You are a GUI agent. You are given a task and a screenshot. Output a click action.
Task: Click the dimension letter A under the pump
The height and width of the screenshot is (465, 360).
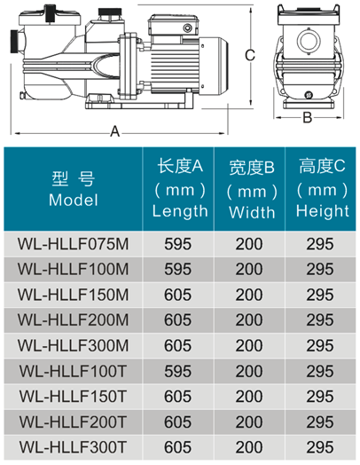pyautogui.click(x=114, y=131)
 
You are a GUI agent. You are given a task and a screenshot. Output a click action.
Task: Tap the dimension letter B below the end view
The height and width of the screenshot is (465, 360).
pyautogui.click(x=308, y=118)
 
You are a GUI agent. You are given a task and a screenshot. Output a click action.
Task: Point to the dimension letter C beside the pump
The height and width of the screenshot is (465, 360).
pyautogui.click(x=250, y=55)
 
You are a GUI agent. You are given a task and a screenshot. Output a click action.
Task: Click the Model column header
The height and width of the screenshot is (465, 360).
pyautogui.click(x=74, y=189)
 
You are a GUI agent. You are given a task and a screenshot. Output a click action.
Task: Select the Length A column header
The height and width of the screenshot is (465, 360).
pyautogui.click(x=179, y=188)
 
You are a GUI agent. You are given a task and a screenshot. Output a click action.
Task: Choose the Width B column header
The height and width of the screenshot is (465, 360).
pyautogui.click(x=252, y=190)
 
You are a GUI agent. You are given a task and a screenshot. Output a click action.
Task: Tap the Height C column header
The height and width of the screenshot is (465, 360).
pyautogui.click(x=322, y=188)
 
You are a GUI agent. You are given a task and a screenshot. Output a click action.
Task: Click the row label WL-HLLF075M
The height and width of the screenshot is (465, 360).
pyautogui.click(x=73, y=244)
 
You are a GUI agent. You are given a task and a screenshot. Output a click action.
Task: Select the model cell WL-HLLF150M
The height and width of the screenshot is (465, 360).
pyautogui.click(x=73, y=295)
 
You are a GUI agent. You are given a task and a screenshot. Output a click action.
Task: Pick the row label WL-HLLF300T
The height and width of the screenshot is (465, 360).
pyautogui.click(x=73, y=447)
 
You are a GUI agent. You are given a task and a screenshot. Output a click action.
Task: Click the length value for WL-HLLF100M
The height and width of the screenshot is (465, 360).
pyautogui.click(x=177, y=269)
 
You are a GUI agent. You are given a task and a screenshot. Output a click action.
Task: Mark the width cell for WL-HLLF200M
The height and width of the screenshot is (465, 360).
pyautogui.click(x=249, y=320)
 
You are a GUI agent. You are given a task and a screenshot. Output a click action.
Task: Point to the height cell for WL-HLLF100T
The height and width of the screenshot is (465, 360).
pyautogui.click(x=320, y=371)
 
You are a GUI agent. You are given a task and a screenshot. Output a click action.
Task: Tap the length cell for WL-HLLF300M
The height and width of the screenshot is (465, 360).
pyautogui.click(x=177, y=346)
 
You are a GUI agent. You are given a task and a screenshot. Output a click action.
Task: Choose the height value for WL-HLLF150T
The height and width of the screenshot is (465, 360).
pyautogui.click(x=320, y=397)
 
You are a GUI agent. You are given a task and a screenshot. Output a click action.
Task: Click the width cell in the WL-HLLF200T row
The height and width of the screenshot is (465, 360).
pyautogui.click(x=249, y=422)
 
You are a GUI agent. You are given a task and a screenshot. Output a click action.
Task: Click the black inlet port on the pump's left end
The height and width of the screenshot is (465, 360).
pyautogui.click(x=14, y=41)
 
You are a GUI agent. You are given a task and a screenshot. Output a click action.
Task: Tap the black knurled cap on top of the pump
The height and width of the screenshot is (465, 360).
pyautogui.click(x=110, y=12)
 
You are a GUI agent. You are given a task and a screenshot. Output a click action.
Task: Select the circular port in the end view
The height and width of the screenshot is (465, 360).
pyautogui.click(x=309, y=41)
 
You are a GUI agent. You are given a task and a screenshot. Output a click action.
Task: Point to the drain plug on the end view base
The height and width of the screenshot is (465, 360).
pyautogui.click(x=309, y=95)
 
